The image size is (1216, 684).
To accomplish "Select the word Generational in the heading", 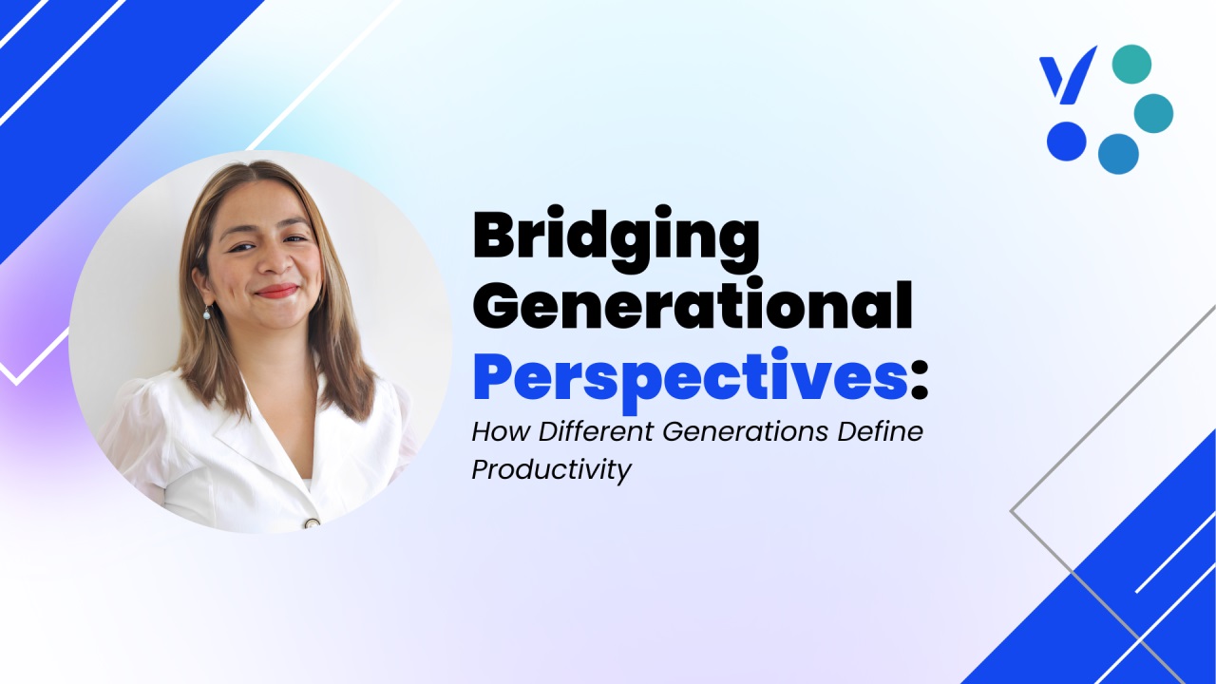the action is [693, 306].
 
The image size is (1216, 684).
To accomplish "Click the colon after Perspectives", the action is [919, 383].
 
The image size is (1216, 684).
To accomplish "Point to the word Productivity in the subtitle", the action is [552, 469].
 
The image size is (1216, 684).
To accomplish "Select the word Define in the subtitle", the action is [880, 431].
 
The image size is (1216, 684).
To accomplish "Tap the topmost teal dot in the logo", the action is [1131, 64].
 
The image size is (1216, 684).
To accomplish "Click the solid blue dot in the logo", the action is [1066, 142].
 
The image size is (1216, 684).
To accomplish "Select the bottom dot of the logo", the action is [1118, 154].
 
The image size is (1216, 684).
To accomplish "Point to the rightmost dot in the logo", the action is [1153, 113].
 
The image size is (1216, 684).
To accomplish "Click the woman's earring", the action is [207, 313].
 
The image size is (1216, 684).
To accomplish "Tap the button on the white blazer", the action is [313, 523].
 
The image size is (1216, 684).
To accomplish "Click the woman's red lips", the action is [276, 291].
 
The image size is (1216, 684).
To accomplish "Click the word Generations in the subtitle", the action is [746, 431].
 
